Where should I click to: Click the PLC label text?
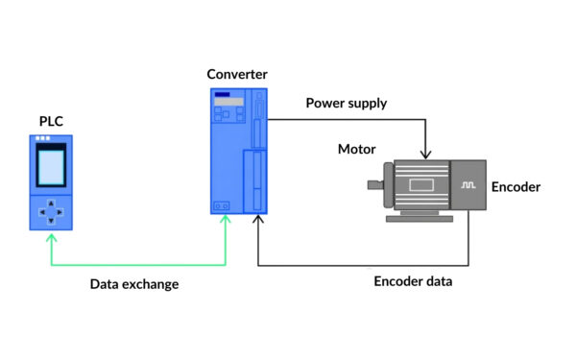51,121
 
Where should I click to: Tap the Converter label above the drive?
236,75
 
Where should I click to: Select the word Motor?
356,149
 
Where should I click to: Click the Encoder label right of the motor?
516,187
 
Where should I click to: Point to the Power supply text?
346,103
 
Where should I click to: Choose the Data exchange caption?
134,284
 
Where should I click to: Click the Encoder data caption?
413,281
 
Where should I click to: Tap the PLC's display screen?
51,167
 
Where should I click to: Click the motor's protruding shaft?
374,184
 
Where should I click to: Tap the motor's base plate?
420,218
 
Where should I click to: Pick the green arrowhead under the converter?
226,221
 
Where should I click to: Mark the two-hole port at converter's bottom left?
221,205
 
